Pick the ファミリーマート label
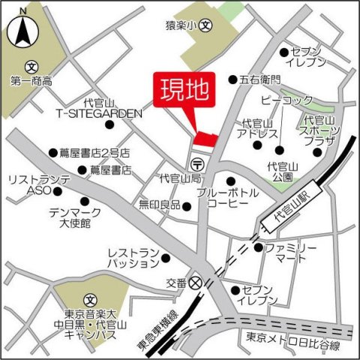pos(292,253)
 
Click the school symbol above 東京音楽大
pos(89,298)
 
